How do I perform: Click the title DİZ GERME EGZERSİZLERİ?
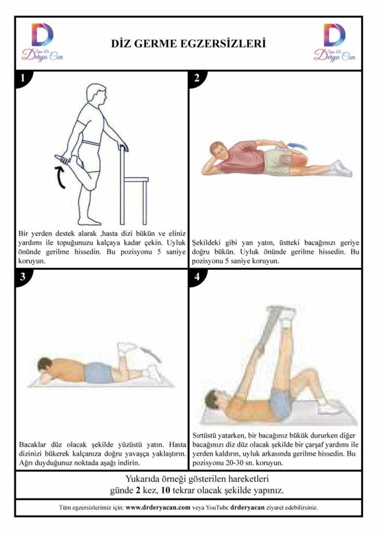pyautogui.click(x=188, y=44)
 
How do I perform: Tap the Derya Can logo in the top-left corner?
pyautogui.click(x=43, y=42)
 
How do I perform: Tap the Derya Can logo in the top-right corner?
pyautogui.click(x=334, y=42)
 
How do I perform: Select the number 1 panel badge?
pyautogui.click(x=23, y=79)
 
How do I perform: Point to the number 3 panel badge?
pyautogui.click(x=23, y=277)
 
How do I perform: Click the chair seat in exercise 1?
pyautogui.click(x=136, y=179)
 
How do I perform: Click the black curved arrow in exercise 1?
pyautogui.click(x=60, y=177)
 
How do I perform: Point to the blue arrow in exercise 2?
pyautogui.click(x=298, y=146)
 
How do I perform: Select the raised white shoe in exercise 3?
pyautogui.click(x=126, y=348)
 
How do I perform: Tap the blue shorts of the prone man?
pyautogui.click(x=98, y=373)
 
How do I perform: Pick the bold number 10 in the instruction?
pyautogui.click(x=166, y=490)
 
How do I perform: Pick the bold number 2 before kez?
pyautogui.click(x=138, y=490)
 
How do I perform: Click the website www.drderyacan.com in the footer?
pyautogui.click(x=158, y=507)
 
